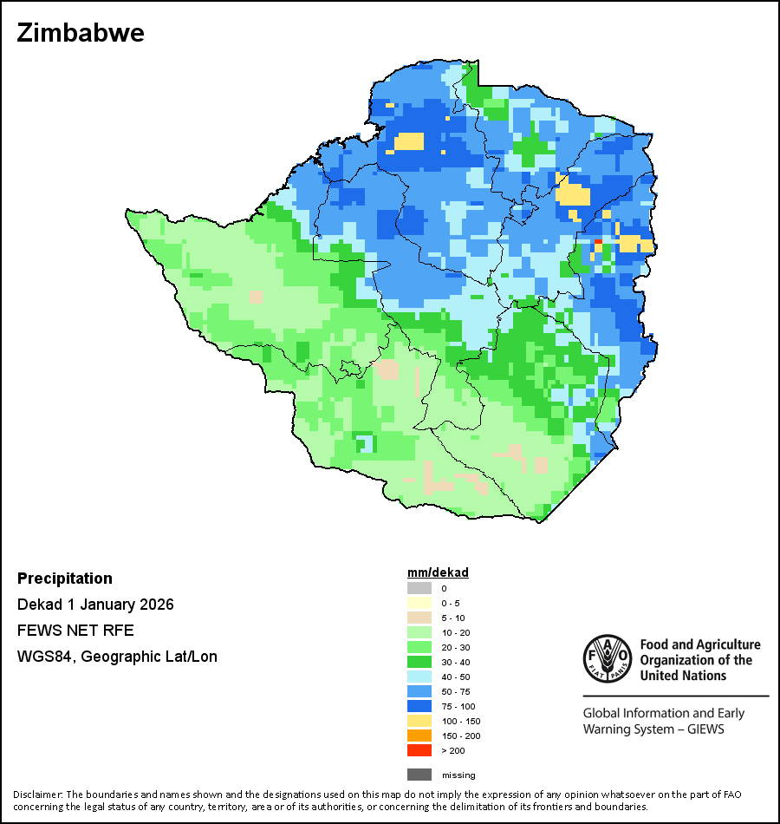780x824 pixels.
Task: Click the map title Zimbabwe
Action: (81, 34)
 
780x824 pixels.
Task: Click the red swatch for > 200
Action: (419, 750)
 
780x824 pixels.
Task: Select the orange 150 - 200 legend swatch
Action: (419, 736)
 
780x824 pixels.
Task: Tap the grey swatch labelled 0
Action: (419, 588)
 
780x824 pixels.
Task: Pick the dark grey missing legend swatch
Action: (419, 775)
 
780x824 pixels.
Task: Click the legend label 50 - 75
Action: (457, 691)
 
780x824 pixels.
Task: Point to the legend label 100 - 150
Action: (460, 721)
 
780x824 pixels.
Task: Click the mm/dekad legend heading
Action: (438, 572)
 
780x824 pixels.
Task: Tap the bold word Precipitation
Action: (65, 579)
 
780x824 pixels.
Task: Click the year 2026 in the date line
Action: (156, 605)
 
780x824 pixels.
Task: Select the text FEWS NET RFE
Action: (75, 631)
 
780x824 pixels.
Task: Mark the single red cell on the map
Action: (598, 241)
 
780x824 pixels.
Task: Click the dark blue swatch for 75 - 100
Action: (419, 706)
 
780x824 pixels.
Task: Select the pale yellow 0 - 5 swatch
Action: (419, 603)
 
